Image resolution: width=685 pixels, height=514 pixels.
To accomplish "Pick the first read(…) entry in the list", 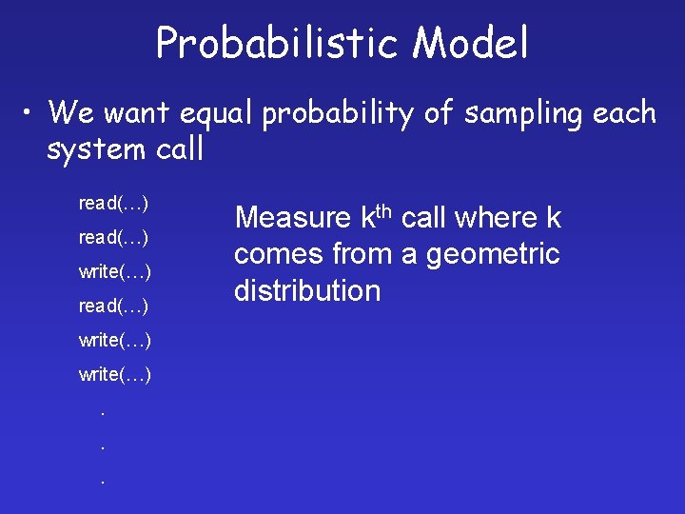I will pos(113,204).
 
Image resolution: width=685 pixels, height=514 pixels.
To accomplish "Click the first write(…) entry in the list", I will pos(115,272).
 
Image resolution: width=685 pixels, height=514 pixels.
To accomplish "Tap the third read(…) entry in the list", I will pos(113,306).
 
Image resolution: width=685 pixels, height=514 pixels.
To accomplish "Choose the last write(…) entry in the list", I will pos(115,375).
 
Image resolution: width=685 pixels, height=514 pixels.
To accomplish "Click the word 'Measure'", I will pos(292,219).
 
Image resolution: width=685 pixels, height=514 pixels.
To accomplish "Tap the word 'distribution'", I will pos(307,291).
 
